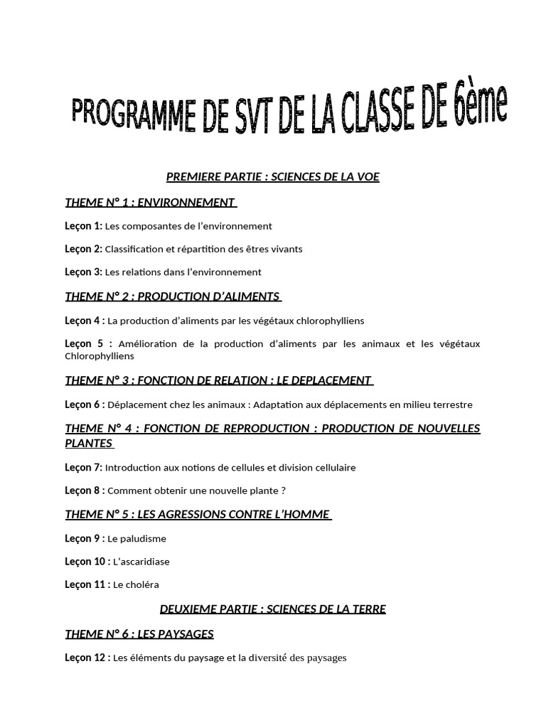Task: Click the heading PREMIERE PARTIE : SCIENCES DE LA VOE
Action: click(x=273, y=177)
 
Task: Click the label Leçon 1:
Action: click(x=83, y=226)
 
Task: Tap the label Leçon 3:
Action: click(x=83, y=272)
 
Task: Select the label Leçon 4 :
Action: click(x=85, y=321)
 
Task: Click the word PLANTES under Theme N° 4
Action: click(x=88, y=443)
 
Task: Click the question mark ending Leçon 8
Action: click(x=283, y=491)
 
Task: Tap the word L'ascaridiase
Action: click(x=141, y=562)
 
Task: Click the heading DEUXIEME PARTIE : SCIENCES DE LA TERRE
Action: click(x=273, y=609)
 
